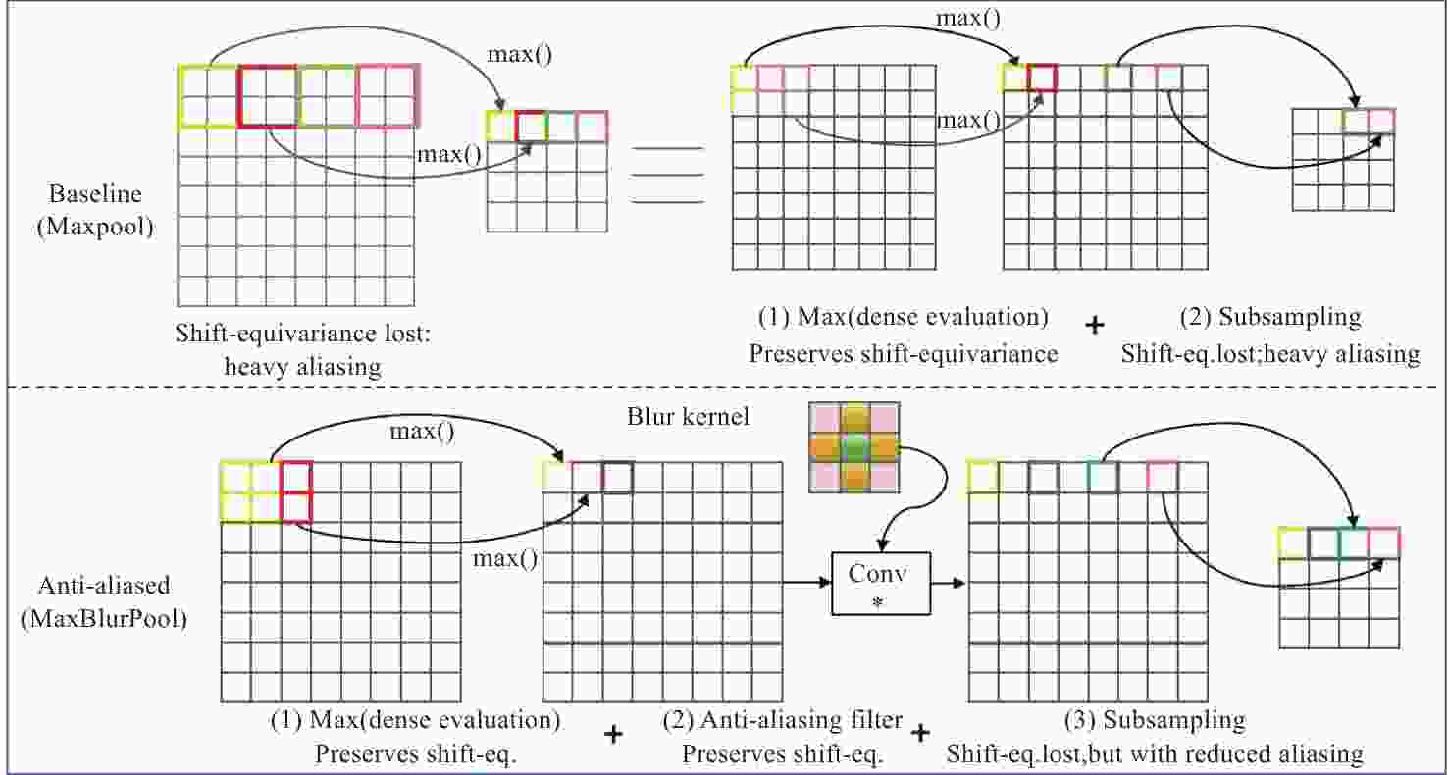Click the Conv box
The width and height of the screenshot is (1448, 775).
[x=880, y=583]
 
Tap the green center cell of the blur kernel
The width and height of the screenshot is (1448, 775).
[x=854, y=446]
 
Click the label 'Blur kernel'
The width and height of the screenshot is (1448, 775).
[x=688, y=417]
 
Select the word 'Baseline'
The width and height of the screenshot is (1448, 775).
[x=95, y=194]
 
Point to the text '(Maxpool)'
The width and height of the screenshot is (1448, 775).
[x=95, y=227]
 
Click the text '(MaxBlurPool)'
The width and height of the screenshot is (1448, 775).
[x=104, y=619]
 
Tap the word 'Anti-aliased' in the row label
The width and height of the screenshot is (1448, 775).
[x=104, y=585]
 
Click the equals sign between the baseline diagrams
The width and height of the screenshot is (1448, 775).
[x=667, y=176]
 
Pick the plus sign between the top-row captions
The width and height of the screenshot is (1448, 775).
[x=1095, y=325]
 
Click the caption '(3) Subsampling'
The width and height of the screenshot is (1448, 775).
[x=1155, y=719]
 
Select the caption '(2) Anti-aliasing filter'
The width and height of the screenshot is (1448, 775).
[x=782, y=719]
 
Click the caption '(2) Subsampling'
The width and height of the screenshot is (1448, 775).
[x=1270, y=317]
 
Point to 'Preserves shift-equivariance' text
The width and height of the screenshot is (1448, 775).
[x=904, y=354]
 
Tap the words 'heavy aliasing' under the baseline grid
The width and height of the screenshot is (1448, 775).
[x=302, y=367]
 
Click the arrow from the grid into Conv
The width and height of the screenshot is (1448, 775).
[x=806, y=583]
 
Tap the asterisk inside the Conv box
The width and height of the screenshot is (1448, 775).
[x=878, y=602]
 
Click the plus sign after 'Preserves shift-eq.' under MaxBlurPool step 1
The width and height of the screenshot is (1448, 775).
[x=613, y=734]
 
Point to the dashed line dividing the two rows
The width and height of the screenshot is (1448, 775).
[x=723, y=387]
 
